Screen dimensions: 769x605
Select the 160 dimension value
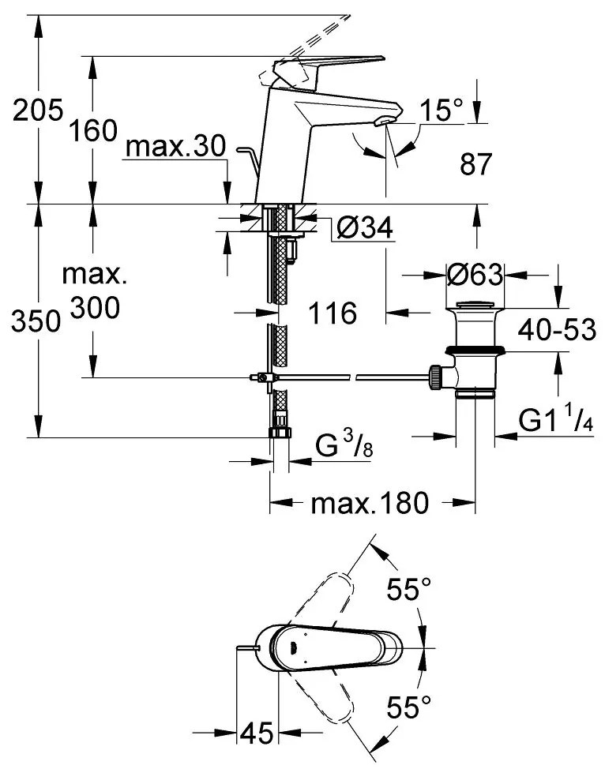(92, 130)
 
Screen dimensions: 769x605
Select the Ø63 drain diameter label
(474, 275)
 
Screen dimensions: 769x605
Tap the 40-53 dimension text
(558, 329)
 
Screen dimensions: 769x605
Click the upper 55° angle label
(409, 588)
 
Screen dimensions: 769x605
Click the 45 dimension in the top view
(256, 733)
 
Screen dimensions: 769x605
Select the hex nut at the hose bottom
(279, 432)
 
